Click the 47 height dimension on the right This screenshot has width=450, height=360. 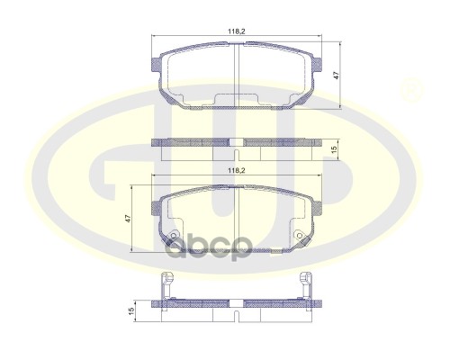click(336, 76)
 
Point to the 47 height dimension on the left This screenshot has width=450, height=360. click(129, 218)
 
